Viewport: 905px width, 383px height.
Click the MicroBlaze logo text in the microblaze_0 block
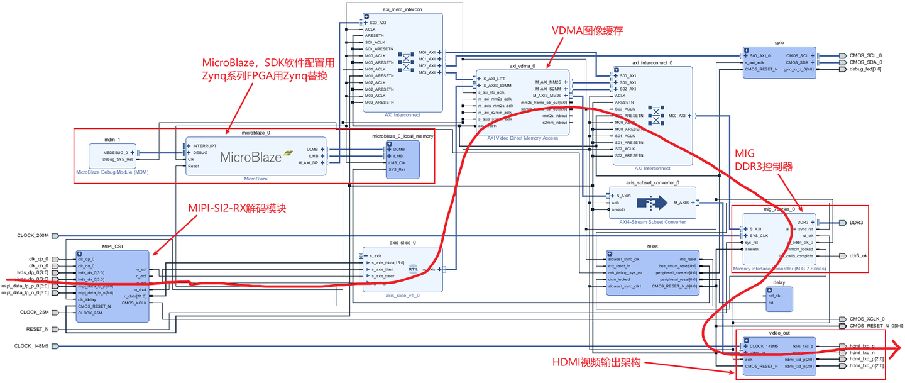[251, 157]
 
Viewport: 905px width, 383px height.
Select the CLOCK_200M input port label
[33, 236]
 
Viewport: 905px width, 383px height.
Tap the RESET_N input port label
[37, 329]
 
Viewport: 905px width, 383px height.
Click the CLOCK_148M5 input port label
[31, 346]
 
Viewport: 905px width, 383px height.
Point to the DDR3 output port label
[856, 223]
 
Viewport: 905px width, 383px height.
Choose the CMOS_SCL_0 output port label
[865, 55]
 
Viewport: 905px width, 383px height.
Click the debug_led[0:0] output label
[865, 69]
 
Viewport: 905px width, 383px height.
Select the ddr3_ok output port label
[858, 255]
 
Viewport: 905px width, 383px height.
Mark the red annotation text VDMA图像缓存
[587, 30]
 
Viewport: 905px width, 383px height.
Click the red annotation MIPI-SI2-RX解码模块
[237, 208]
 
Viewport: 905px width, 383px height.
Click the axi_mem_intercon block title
[402, 9]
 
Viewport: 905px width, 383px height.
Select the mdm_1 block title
[112, 139]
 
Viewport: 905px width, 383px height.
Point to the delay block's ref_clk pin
[775, 296]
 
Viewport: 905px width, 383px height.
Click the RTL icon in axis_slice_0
[413, 269]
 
